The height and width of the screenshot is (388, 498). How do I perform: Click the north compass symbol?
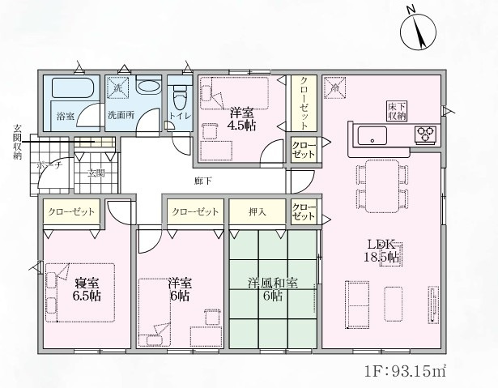coord(418,31)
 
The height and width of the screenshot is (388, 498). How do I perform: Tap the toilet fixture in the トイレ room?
coord(180,96)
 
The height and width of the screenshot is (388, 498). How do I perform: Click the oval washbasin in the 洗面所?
coord(148,86)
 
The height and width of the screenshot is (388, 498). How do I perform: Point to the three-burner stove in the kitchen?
coord(425,134)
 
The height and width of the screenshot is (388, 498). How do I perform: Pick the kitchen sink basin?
coord(372,135)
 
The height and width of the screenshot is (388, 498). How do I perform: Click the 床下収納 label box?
coord(397,111)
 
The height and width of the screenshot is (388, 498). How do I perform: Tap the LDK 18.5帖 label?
coord(382,251)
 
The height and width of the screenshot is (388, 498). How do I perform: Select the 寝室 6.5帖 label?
coord(87,289)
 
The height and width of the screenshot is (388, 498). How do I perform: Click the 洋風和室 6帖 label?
coord(273,289)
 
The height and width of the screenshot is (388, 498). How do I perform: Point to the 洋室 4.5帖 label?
coord(241,119)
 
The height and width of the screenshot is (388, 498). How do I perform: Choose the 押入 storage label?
coord(258,211)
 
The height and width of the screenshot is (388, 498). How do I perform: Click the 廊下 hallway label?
coord(202,181)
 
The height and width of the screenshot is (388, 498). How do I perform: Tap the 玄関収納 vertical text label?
coord(17,142)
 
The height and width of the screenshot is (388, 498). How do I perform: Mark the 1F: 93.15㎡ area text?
coord(405,371)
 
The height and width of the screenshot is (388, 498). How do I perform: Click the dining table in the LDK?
coord(382,186)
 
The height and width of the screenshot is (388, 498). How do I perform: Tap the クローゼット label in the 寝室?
coord(71,211)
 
